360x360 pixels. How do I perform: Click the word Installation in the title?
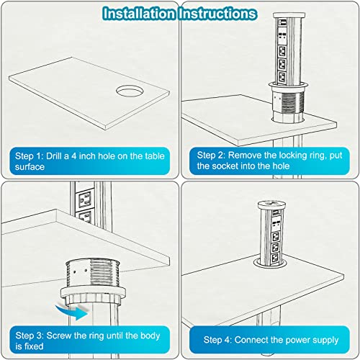[x=139, y=14]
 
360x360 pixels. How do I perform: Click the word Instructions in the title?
[x=217, y=14]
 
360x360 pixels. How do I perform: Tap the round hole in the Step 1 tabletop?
[x=130, y=91]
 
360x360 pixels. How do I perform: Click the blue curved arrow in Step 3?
[x=72, y=312]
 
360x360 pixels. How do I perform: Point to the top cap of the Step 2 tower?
[x=289, y=15]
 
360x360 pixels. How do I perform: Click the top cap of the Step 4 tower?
[x=271, y=205]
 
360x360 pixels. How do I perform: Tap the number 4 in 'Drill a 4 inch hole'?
[x=74, y=156]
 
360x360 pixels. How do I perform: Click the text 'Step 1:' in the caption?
[x=30, y=156]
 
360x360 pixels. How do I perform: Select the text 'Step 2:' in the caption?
[x=211, y=156]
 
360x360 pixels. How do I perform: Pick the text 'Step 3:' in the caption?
[x=30, y=336]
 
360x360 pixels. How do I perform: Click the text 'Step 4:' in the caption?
[x=217, y=340]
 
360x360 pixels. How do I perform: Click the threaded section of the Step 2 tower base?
[x=292, y=102]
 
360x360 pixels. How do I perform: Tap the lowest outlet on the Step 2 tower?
[x=282, y=77]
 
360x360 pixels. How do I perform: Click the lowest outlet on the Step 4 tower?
[x=274, y=258]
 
